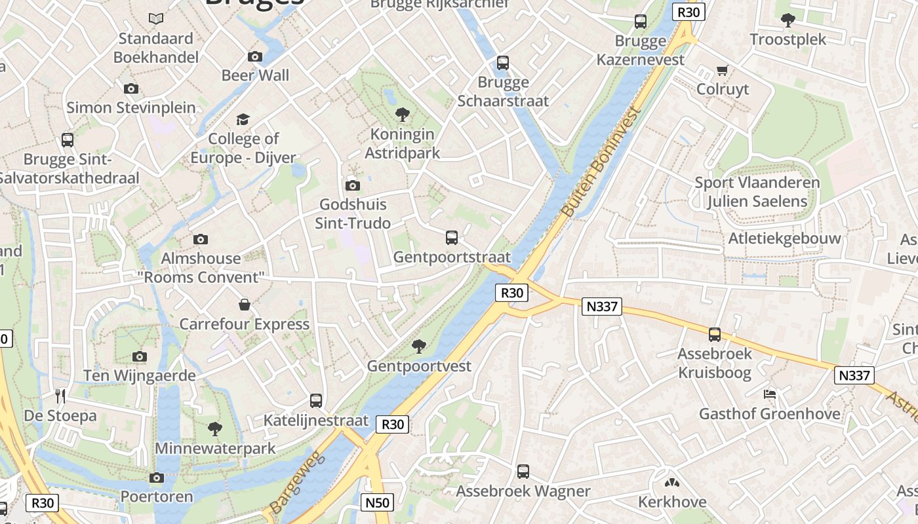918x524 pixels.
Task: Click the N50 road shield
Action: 377,503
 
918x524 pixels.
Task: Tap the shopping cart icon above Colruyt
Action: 723,70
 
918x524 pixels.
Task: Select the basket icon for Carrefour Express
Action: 245,305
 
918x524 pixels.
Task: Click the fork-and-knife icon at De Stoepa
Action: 61,396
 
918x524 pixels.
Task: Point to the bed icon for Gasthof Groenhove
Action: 770,394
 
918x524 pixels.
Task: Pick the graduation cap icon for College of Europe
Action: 243,119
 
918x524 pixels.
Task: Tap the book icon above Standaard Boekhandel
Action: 155,18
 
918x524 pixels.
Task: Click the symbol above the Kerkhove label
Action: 672,483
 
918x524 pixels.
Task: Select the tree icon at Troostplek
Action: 788,20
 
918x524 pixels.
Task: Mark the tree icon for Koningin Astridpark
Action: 403,115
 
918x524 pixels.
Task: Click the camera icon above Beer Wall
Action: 255,56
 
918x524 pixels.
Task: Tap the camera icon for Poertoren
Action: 156,477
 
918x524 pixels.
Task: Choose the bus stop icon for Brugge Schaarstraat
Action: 503,63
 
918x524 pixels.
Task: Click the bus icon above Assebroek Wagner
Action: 523,472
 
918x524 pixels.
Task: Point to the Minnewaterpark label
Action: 215,449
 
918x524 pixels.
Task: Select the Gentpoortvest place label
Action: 419,366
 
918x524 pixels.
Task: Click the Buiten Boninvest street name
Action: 599,162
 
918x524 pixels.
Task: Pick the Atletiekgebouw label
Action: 784,238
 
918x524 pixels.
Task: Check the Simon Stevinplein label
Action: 131,107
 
